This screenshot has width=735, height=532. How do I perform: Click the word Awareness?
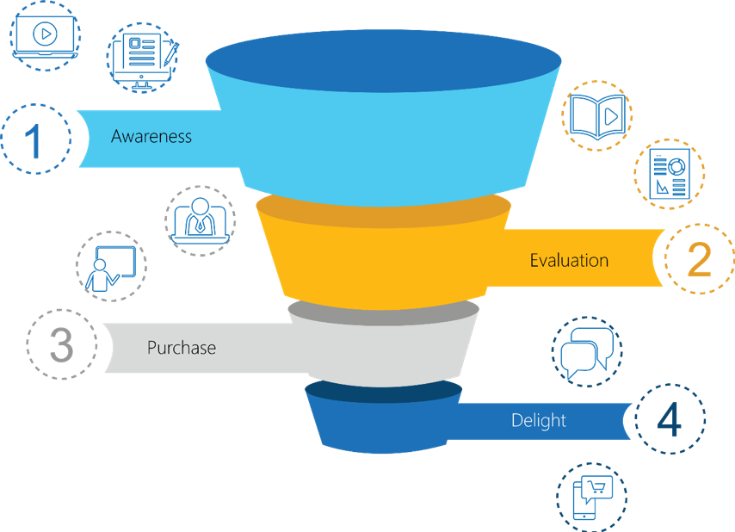[x=151, y=136]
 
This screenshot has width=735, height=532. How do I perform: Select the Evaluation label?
[x=569, y=260]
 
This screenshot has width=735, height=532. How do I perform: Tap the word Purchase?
[x=181, y=348]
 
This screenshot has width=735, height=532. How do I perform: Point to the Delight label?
[x=539, y=420]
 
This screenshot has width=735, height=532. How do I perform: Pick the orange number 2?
[x=698, y=259]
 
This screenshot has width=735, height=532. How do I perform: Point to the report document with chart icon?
[x=669, y=172]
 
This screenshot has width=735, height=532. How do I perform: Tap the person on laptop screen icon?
[x=200, y=219]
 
